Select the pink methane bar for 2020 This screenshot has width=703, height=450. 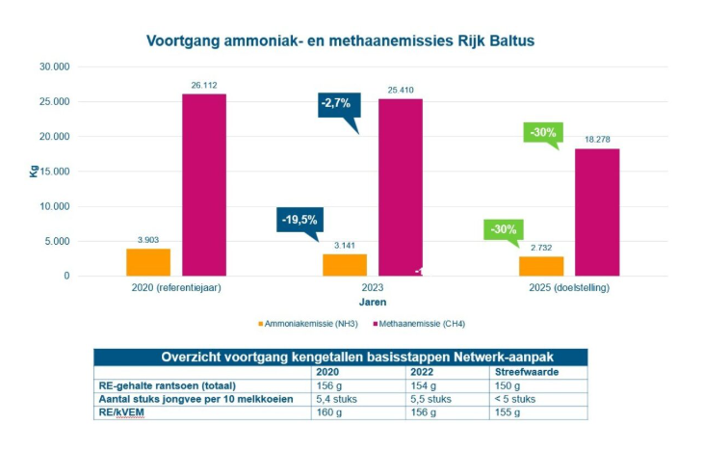204,184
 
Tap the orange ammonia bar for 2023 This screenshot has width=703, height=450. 345,265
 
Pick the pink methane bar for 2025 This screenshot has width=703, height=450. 597,212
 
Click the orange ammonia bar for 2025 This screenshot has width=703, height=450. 541,266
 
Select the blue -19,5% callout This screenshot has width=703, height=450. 301,221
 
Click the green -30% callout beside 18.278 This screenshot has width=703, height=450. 542,132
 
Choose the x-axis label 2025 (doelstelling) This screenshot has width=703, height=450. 569,289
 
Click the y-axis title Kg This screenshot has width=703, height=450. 35,172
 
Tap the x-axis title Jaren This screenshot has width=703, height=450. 373,302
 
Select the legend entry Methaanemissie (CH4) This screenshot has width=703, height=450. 437,326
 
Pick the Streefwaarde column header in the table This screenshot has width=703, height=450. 524,370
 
